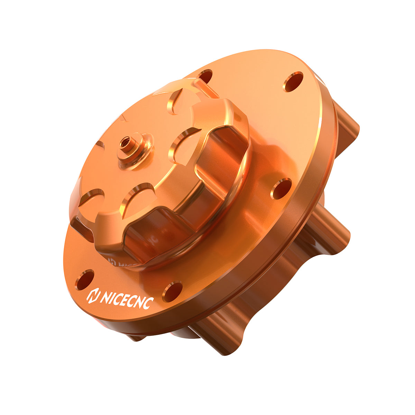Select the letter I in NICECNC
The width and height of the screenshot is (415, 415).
(x=110, y=297)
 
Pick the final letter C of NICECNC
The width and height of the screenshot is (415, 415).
(x=148, y=303)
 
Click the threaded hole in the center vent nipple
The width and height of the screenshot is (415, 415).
(x=125, y=141)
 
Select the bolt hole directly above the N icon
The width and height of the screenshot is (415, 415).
(x=85, y=279)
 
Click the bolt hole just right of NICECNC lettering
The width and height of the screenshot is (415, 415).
(x=172, y=292)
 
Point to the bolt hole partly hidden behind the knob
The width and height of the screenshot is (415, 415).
(x=205, y=76)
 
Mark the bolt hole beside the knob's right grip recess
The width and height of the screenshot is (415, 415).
(x=281, y=188)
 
